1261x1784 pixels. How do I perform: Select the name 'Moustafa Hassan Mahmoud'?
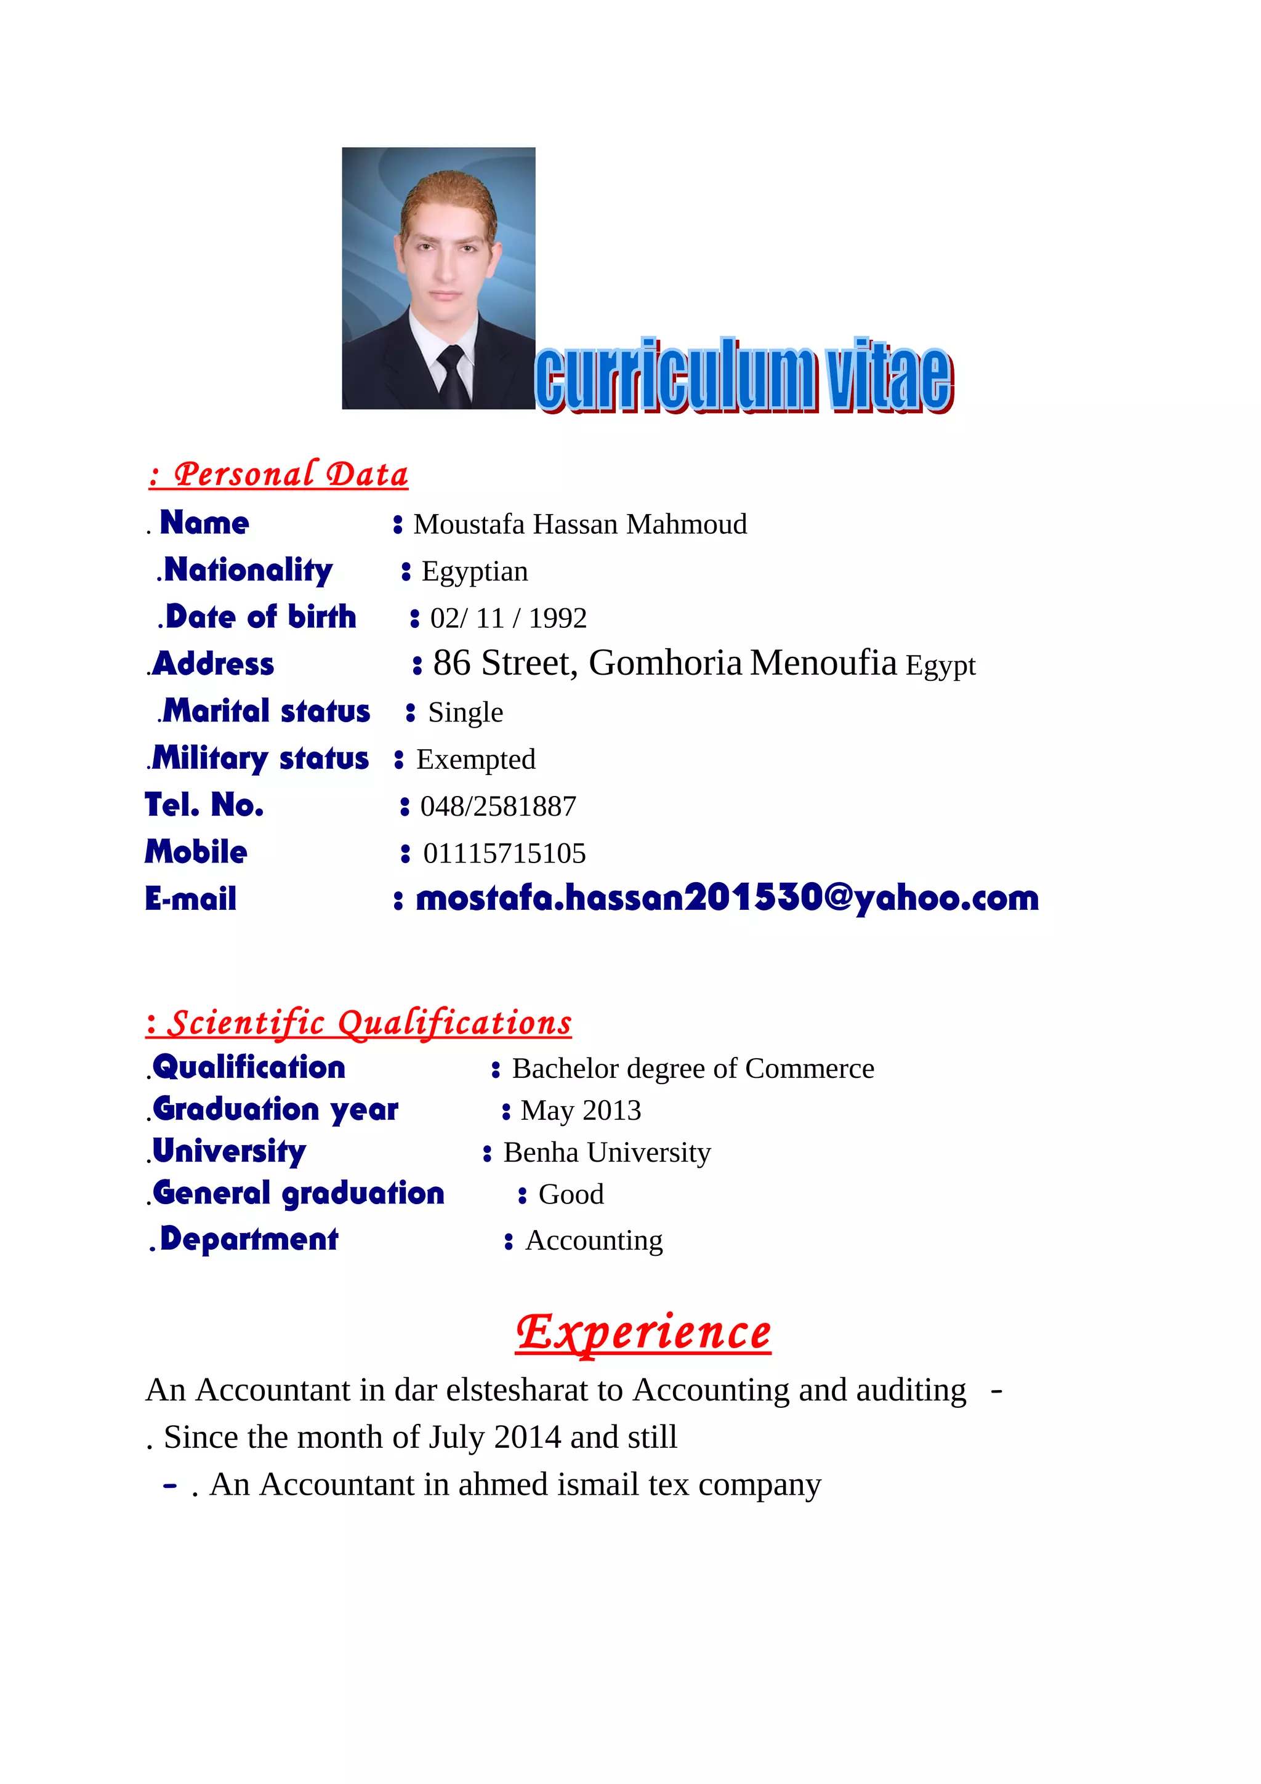[x=579, y=524]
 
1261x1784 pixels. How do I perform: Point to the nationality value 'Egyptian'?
[x=475, y=572]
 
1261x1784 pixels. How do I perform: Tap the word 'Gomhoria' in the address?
[x=665, y=664]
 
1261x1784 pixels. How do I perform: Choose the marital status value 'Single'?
[x=465, y=712]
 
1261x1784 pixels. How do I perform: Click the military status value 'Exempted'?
[x=475, y=760]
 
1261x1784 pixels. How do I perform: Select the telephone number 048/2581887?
[x=498, y=806]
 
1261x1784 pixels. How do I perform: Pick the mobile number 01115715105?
[x=504, y=854]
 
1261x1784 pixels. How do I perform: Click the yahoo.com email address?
[x=727, y=898]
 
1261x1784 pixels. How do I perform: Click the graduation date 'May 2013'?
[x=581, y=1111]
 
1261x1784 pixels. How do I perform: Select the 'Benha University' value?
[x=607, y=1153]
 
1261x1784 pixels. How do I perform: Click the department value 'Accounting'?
[x=594, y=1241]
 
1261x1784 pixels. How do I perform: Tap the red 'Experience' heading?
[x=643, y=1333]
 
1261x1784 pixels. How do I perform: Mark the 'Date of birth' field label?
[x=260, y=617]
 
